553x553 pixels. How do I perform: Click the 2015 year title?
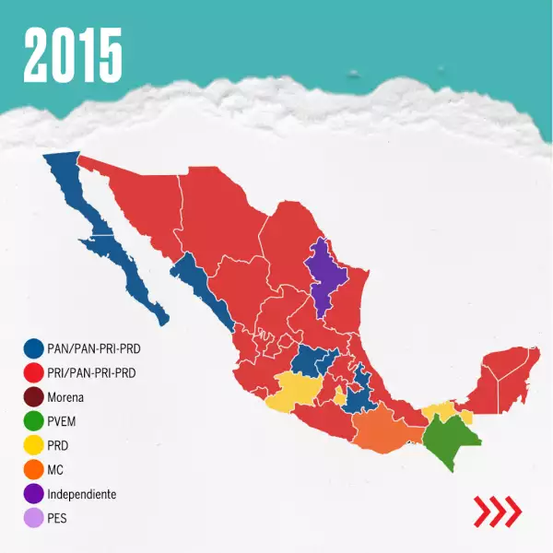(x=73, y=54)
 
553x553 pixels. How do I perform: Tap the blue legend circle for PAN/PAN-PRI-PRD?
(x=34, y=348)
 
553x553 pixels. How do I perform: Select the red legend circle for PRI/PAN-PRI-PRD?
(x=34, y=373)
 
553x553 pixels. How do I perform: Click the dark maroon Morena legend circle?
(x=34, y=397)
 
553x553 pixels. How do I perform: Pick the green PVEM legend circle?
(x=34, y=421)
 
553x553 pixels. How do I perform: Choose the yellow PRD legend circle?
(x=34, y=445)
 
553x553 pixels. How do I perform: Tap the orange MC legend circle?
(x=34, y=470)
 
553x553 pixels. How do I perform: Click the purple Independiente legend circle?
(x=34, y=494)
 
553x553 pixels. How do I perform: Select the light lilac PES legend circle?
(x=34, y=518)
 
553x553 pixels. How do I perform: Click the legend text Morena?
(x=65, y=397)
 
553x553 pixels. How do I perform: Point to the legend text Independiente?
(x=82, y=494)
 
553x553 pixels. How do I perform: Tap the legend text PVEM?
(x=63, y=421)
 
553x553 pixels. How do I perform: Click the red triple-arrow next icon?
(x=497, y=510)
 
